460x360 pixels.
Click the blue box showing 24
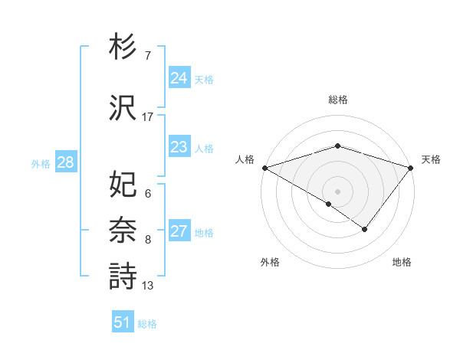[179, 77]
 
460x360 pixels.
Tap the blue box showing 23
[179, 147]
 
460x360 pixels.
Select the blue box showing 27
[179, 231]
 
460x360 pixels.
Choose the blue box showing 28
[65, 162]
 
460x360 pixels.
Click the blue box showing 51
[122, 322]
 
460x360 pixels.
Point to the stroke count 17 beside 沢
[148, 116]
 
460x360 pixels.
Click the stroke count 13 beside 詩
[148, 286]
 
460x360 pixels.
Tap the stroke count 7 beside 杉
[148, 56]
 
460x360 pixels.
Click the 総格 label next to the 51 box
[147, 324]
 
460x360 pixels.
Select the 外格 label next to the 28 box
[41, 163]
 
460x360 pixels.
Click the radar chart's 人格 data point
[264, 167]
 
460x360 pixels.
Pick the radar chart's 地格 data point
[365, 229]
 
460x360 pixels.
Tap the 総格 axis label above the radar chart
[338, 100]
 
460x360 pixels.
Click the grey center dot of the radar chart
[338, 191]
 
